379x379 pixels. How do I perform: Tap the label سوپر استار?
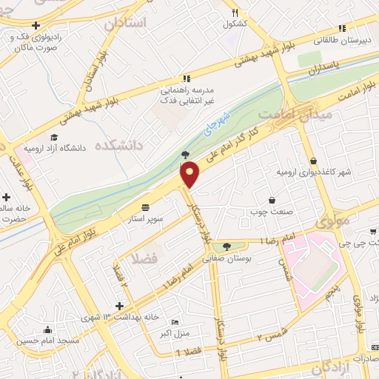pos(164,219)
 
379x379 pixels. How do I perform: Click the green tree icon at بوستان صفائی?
pos(226,246)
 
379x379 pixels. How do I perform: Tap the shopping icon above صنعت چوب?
pos(272,200)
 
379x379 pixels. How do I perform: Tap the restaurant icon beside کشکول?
pos(235,13)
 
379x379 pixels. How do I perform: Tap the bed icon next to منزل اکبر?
pos(175,322)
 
